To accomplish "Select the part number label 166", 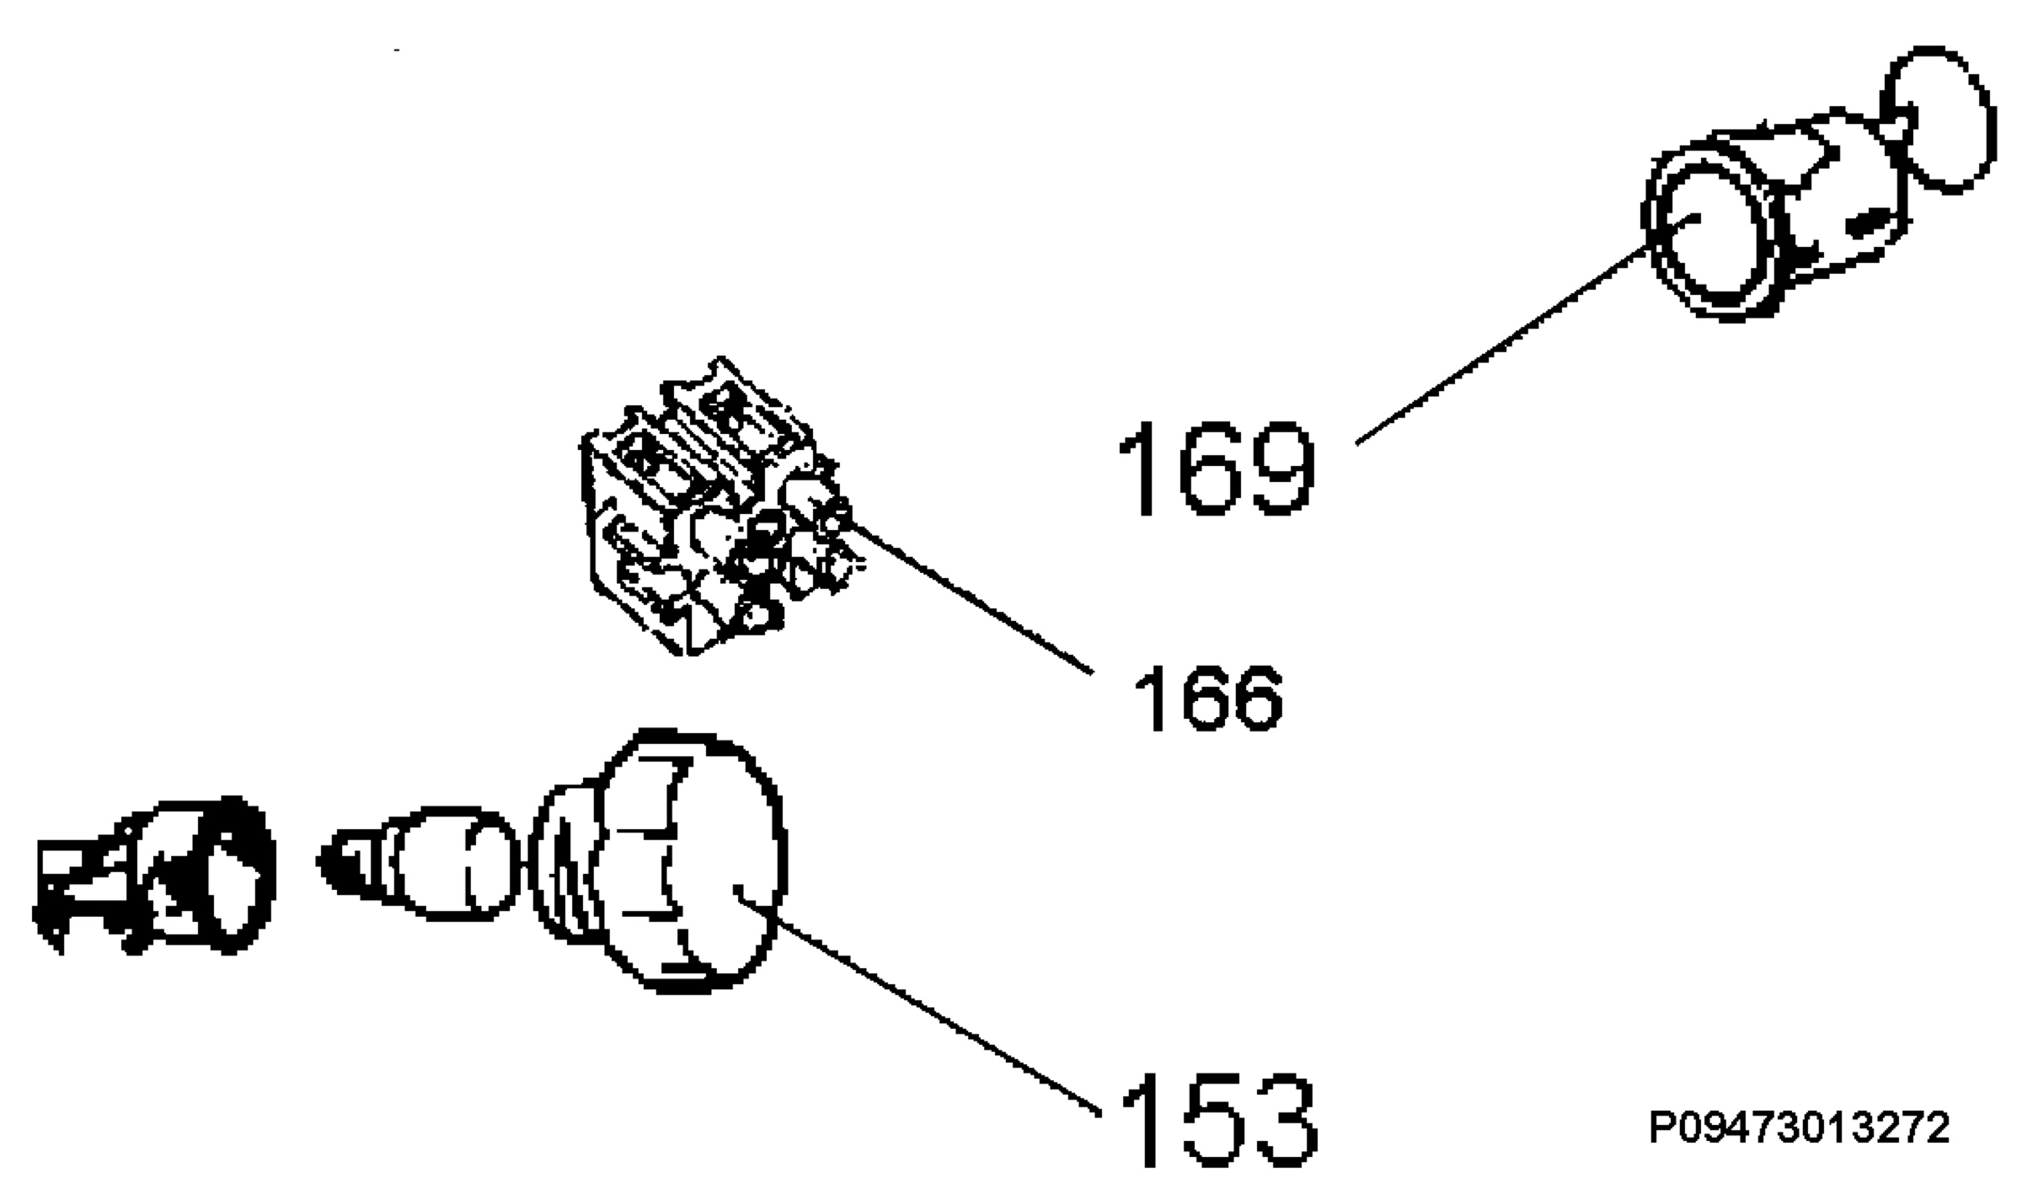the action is pos(1207,698).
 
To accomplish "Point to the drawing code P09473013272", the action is pos(1800,1128).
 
